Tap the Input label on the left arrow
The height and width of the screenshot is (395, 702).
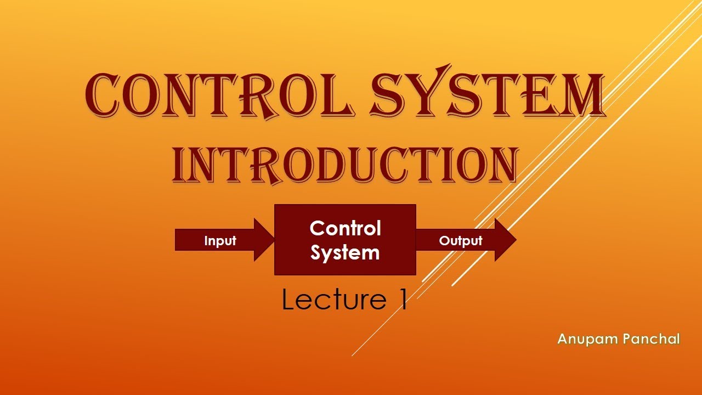point(220,241)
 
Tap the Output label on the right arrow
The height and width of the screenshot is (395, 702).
point(460,240)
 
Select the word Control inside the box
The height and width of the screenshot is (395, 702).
point(345,228)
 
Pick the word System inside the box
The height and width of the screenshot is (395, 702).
point(345,252)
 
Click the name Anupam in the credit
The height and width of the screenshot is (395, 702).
point(584,339)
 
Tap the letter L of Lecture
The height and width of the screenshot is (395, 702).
point(287,300)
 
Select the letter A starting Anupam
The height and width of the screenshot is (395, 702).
point(563,339)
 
